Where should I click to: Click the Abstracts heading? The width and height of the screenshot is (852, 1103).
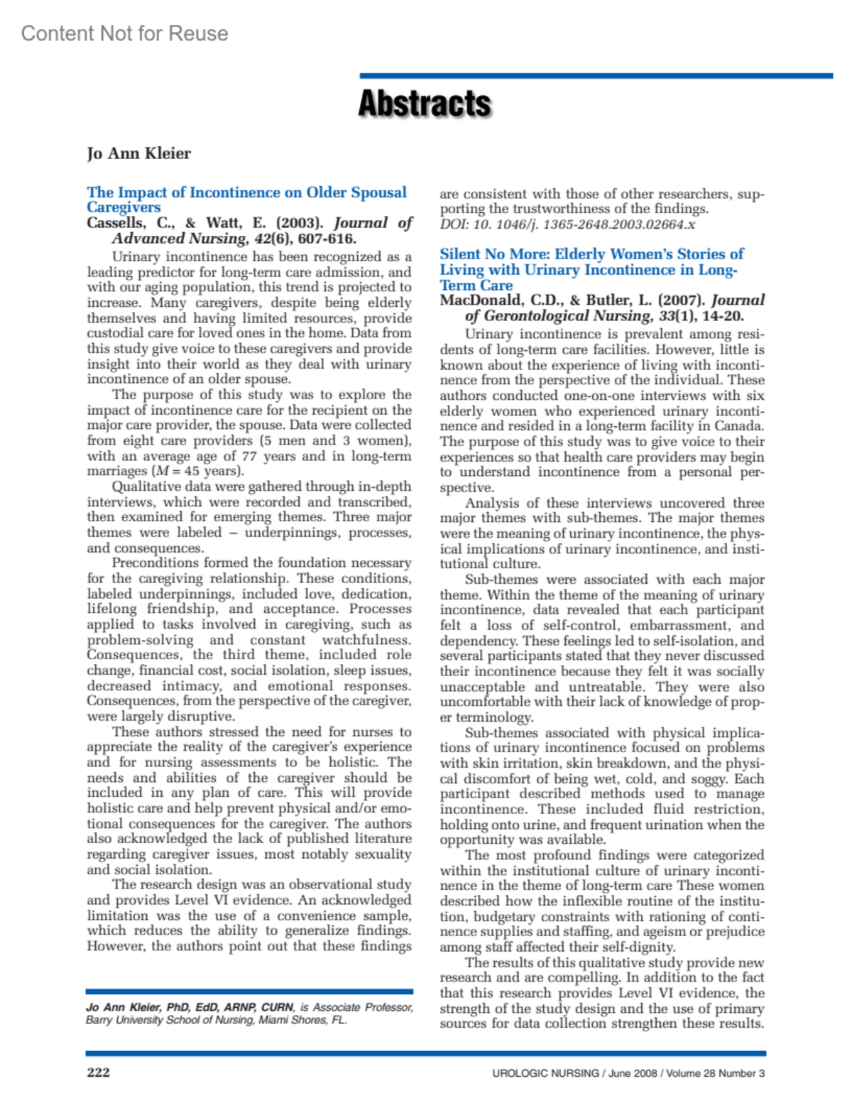tap(424, 104)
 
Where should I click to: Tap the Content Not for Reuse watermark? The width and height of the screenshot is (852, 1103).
tap(124, 33)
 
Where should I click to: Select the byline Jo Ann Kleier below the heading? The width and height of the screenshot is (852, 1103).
tap(138, 153)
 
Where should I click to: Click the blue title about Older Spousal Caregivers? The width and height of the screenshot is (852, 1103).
tap(246, 199)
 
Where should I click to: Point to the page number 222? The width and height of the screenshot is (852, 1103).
tap(98, 1072)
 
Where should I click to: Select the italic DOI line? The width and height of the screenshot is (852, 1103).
tap(567, 224)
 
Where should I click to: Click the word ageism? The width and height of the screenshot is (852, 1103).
tap(647, 932)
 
